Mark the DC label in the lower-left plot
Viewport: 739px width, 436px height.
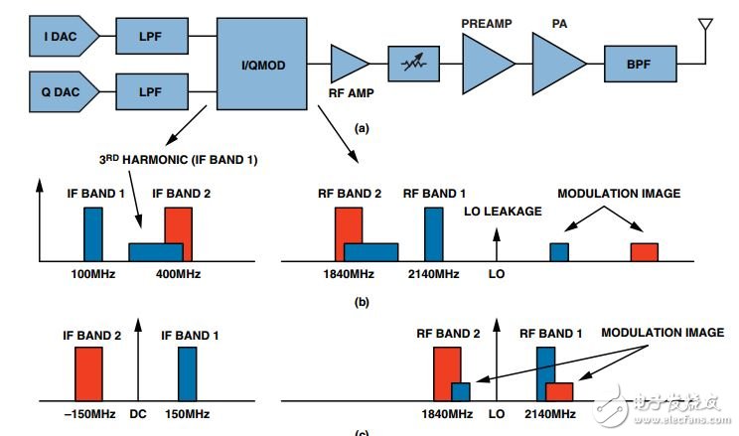(x=138, y=413)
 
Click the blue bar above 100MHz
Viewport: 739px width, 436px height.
(x=93, y=234)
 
